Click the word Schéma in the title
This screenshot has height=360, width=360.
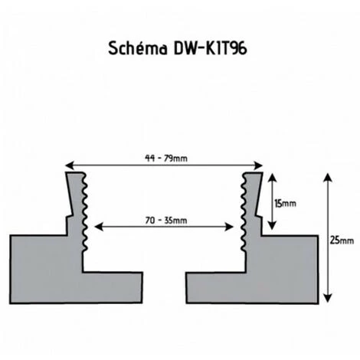click(x=138, y=48)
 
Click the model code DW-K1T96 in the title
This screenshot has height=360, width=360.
click(x=211, y=48)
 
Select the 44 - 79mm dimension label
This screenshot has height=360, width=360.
click(x=166, y=159)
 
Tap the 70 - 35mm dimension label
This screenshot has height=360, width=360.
click(x=166, y=220)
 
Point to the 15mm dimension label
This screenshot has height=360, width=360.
click(x=286, y=204)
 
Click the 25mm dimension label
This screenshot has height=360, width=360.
click(x=342, y=241)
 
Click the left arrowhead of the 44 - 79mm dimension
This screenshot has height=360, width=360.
click(x=70, y=165)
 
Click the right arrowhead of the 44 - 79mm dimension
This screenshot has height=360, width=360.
click(x=259, y=165)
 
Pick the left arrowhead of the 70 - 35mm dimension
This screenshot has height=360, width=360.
click(x=99, y=227)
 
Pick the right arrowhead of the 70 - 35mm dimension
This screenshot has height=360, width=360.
click(x=229, y=227)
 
